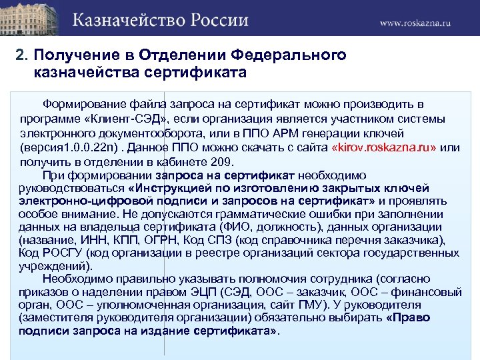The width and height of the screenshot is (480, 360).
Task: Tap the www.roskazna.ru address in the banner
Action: click(415, 23)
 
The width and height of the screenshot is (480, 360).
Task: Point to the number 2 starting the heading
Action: click(19, 55)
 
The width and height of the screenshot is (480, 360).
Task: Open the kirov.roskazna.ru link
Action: click(385, 147)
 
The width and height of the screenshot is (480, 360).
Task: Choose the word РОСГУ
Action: click(59, 254)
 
